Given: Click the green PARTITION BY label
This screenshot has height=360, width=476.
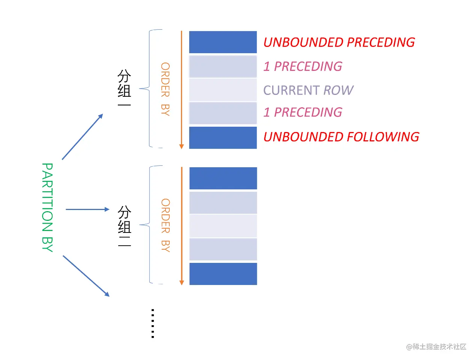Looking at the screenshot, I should coord(47,207).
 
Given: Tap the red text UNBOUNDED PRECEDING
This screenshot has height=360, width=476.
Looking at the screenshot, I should coord(339,42).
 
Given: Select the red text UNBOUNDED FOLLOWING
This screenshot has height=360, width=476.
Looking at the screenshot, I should coord(341,137).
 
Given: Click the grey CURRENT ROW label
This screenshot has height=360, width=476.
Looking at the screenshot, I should coord(308,90).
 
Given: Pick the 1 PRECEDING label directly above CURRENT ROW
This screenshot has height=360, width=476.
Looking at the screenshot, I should coord(303,66).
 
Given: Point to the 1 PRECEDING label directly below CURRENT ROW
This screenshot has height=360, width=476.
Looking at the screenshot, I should coord(303,112).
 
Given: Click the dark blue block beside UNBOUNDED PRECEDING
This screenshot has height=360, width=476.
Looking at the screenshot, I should coord(223,42).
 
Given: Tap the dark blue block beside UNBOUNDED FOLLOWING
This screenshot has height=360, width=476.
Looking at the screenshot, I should coord(223,138).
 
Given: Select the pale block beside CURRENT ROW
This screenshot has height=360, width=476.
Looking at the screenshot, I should coord(223,90).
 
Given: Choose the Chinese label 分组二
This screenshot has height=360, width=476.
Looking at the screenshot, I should coord(124,226).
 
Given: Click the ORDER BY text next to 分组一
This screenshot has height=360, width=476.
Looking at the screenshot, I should coord(165,89).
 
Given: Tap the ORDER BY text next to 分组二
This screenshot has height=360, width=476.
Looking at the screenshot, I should coord(165,225).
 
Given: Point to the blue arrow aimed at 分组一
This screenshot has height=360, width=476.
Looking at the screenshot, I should coord(82,137).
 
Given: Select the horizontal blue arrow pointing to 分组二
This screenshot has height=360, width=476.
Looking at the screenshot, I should coord(87,209).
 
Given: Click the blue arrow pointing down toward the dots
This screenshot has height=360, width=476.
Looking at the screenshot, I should coord(86,276).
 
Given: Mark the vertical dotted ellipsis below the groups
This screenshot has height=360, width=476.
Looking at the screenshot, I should coord(153,323).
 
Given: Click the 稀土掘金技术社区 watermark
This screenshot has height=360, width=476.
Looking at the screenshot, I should coord(436,347).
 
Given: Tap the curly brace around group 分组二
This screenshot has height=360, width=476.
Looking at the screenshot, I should coord(150,225).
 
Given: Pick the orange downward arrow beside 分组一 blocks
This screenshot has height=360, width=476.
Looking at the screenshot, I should coord(182,90).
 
